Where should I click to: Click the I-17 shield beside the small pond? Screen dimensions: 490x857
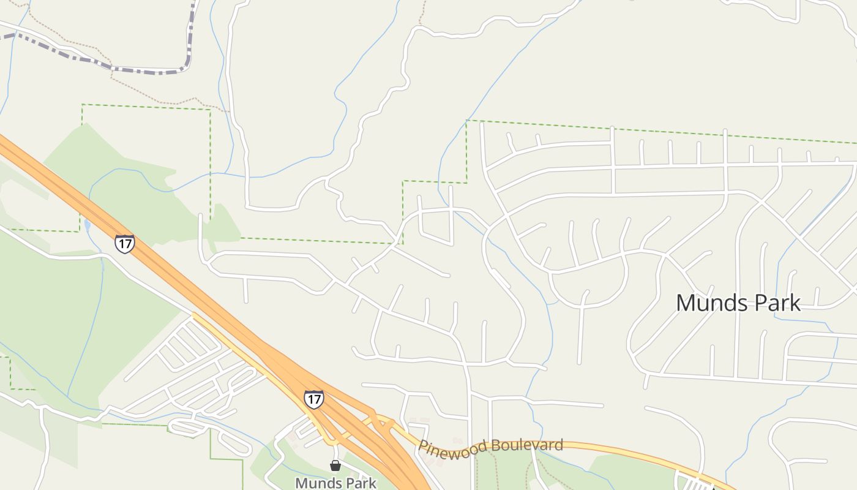point(124,244)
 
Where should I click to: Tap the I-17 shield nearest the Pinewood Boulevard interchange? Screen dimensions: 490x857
point(313,399)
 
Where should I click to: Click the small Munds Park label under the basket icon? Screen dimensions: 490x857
point(335,483)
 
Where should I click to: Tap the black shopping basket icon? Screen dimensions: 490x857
point(335,466)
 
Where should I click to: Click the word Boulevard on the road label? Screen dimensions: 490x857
point(528,445)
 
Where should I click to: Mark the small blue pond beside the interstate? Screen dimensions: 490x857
point(87,225)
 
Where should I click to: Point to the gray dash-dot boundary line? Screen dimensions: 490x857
point(147,72)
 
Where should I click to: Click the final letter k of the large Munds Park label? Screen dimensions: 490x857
point(795,303)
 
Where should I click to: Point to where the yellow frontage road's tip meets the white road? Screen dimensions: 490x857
point(193,315)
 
